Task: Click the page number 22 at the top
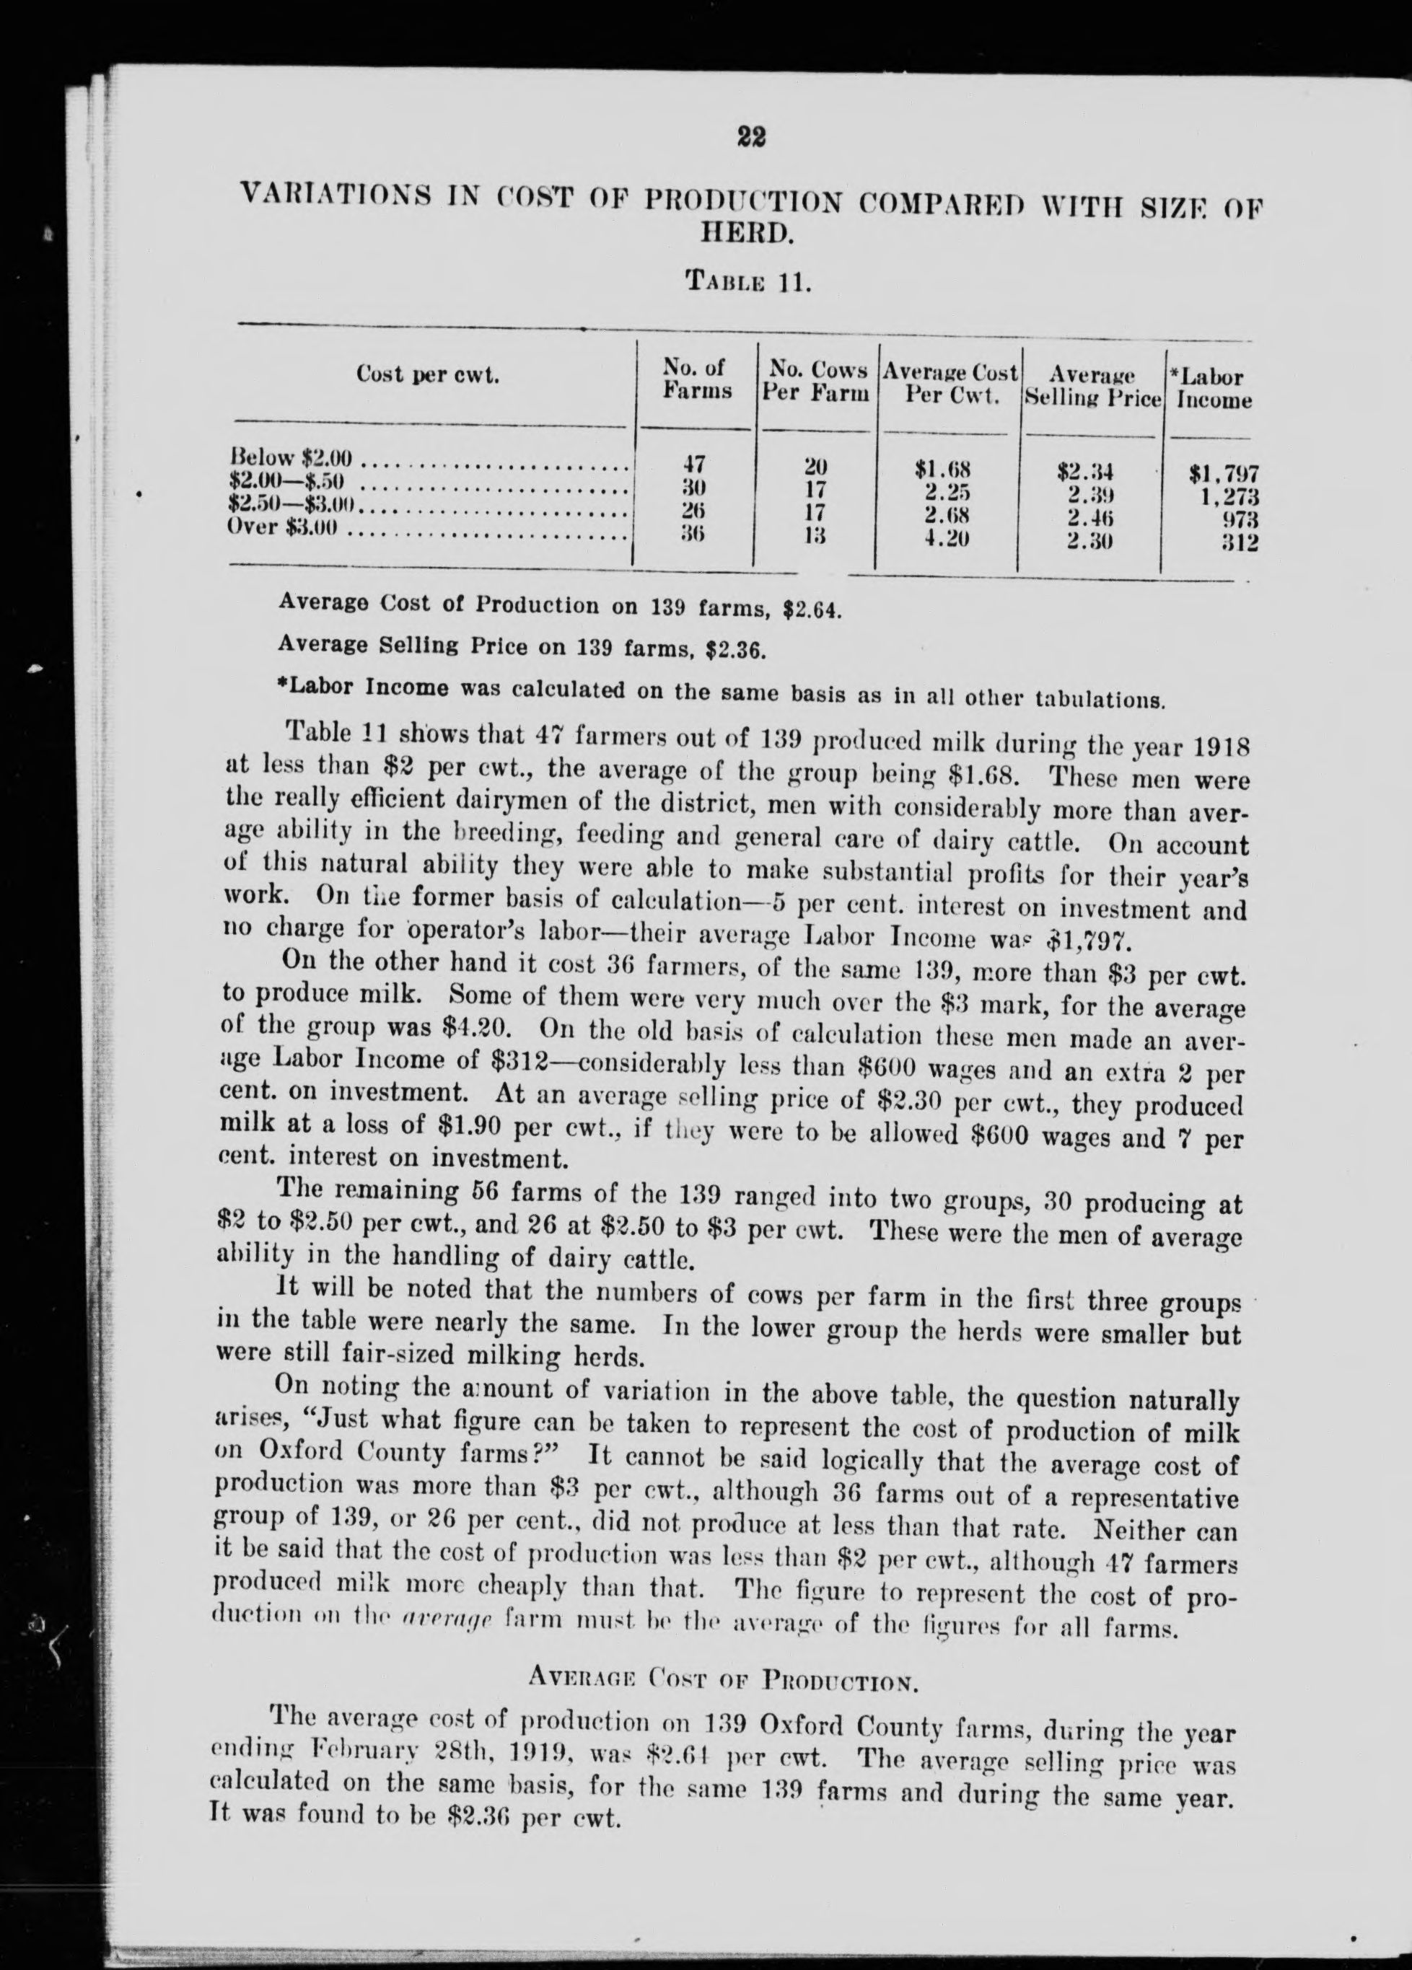click(750, 138)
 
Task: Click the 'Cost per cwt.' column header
click(428, 375)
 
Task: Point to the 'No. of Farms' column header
click(697, 379)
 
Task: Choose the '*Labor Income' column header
click(1211, 388)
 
